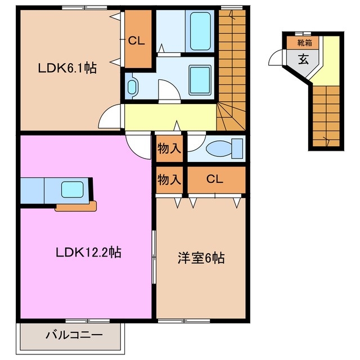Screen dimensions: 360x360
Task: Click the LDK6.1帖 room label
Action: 67,69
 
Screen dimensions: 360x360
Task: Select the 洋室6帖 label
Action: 201,258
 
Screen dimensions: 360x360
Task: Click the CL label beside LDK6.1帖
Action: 137,40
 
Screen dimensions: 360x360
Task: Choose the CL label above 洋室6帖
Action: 215,179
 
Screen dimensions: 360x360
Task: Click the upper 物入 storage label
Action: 169,149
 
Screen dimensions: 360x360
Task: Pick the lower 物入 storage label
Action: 169,179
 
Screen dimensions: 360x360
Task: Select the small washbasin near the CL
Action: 132,87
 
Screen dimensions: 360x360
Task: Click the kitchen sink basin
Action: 73,190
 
